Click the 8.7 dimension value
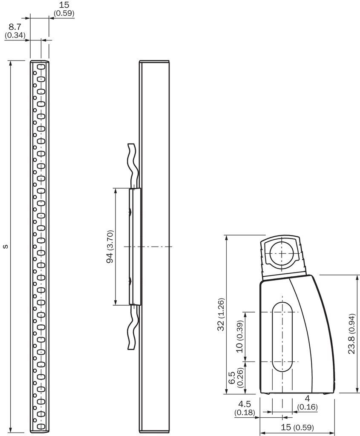pos(15,27)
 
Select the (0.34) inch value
pos(15,35)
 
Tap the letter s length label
pos(5,247)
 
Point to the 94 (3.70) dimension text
pos(110,247)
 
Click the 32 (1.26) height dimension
pos(221,315)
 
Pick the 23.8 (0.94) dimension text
pos(352,334)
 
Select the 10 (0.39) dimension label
pos(239,336)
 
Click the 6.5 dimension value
pos(232,377)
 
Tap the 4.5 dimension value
pos(244,404)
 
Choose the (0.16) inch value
pos(308,407)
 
